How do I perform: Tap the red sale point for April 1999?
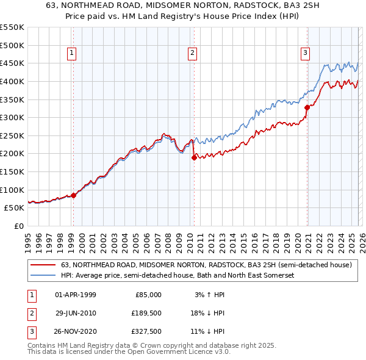73,195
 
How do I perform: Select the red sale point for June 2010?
194,157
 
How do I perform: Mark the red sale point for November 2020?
307,107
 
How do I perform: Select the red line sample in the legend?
43,265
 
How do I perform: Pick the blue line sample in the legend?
43,276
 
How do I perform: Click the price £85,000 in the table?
147,295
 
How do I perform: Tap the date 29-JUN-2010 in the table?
76,313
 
